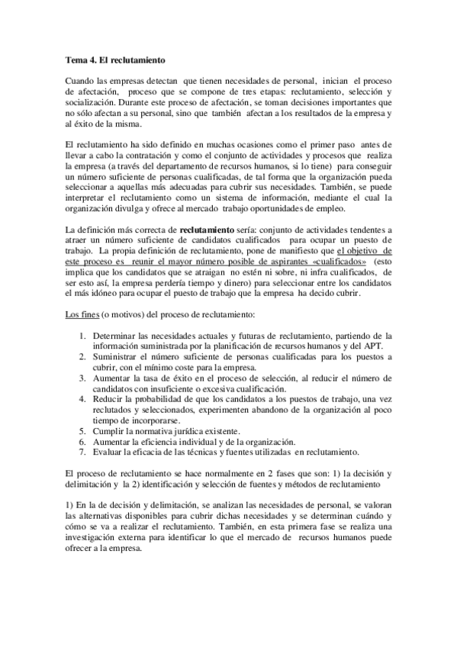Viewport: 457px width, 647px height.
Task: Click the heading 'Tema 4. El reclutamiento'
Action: [x=115, y=59]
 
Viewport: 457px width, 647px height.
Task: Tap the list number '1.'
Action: [x=83, y=336]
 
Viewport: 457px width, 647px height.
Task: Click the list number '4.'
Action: [x=83, y=399]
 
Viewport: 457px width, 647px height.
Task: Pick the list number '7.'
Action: [x=83, y=452]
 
